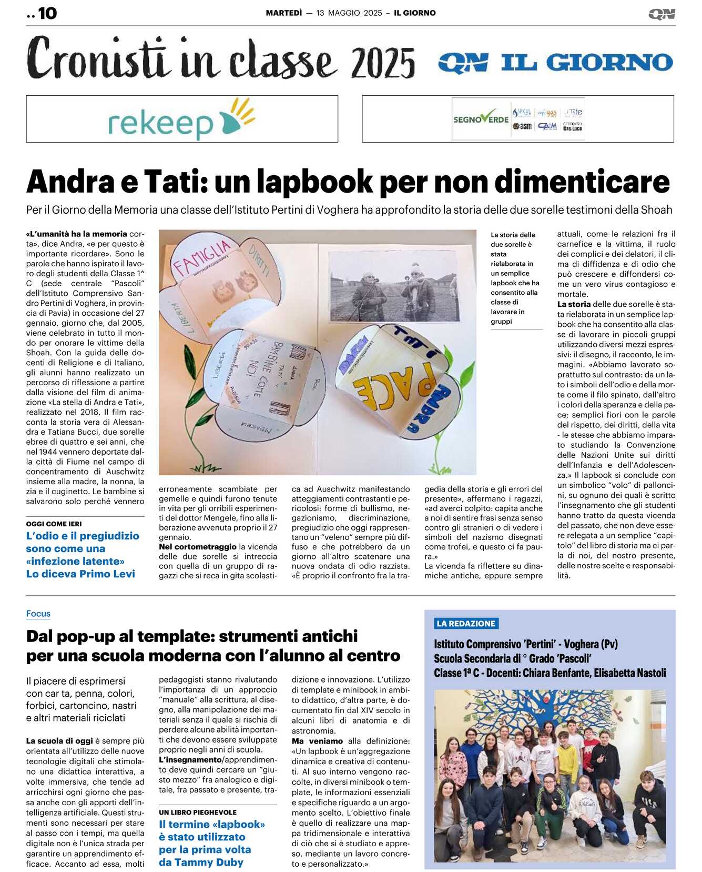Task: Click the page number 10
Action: pyautogui.click(x=47, y=13)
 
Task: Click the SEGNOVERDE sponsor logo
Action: pyautogui.click(x=481, y=119)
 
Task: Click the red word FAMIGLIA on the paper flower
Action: pyautogui.click(x=202, y=256)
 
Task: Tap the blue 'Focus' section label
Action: pyautogui.click(x=38, y=614)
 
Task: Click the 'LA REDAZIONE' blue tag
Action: pyautogui.click(x=466, y=624)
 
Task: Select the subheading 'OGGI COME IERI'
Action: pyautogui.click(x=54, y=524)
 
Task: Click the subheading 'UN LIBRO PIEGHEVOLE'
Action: pyautogui.click(x=198, y=813)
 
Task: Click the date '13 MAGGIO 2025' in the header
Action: pyautogui.click(x=349, y=13)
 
